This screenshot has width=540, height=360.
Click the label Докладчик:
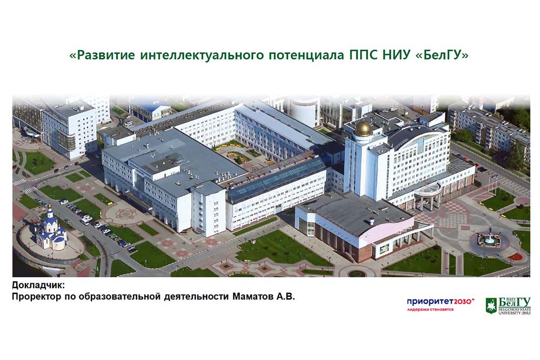38,286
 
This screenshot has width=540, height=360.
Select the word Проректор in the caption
37,297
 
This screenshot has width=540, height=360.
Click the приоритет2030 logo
441,302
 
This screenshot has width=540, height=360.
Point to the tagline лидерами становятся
430,309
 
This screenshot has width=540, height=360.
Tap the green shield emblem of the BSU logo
491,305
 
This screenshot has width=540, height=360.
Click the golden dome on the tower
363,128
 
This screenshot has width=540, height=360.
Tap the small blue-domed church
51,230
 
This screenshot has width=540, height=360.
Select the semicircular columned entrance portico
427,196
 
